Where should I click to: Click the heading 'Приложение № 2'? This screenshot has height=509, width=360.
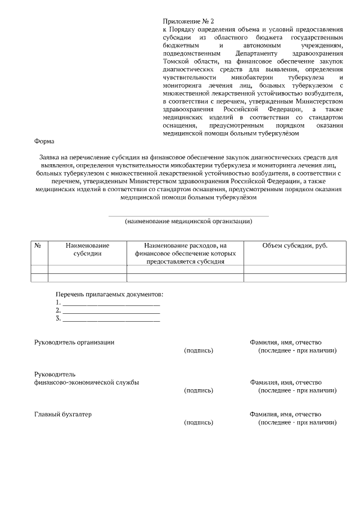[x=184, y=20]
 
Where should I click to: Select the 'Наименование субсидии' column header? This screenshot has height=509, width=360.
[x=87, y=250]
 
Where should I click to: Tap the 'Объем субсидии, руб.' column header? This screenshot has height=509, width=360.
[x=295, y=246]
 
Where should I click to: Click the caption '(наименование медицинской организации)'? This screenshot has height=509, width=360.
[x=188, y=222]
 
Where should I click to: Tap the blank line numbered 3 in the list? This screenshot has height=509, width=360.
[x=111, y=320]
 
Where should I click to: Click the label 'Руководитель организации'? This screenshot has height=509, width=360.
[x=74, y=343]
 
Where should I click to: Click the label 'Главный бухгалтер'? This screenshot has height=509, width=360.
[x=63, y=415]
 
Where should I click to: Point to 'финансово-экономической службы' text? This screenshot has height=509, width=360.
[x=87, y=382]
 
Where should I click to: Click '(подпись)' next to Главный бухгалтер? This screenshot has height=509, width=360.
[x=199, y=422]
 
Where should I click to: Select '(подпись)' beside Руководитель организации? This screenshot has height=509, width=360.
[x=199, y=350]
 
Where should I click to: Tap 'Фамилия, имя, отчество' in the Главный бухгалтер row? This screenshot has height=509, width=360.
[x=285, y=415]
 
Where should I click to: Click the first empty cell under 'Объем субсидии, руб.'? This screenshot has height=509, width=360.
[x=295, y=269]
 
